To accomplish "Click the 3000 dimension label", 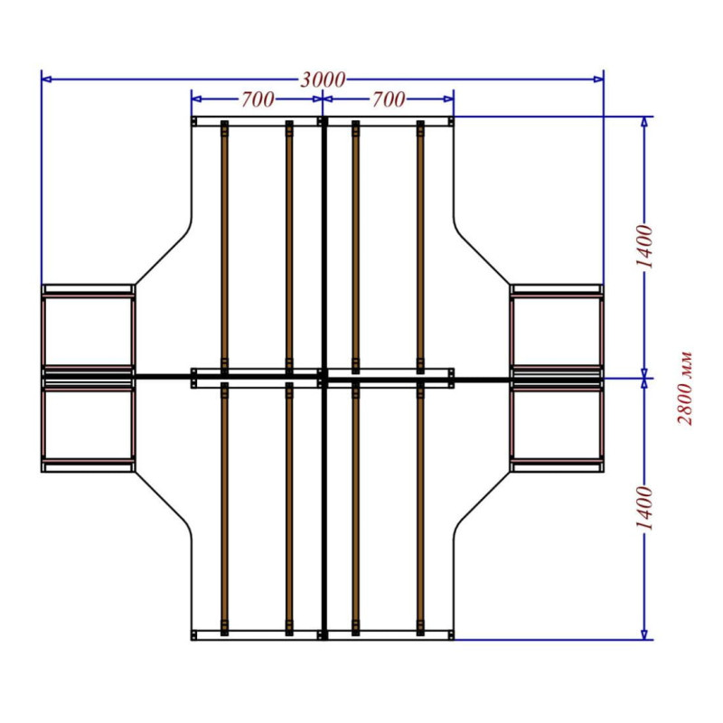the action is point(323,80).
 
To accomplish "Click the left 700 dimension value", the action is point(258,99).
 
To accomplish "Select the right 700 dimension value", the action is point(389,99).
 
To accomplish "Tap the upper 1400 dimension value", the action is point(644,247).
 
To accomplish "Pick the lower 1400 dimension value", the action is point(644,508).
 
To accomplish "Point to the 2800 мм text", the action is point(684,388).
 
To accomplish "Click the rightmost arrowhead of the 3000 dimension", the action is point(598,80).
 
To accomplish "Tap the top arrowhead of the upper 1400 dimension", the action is point(644,122).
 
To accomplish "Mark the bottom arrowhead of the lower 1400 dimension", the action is point(644,634).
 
